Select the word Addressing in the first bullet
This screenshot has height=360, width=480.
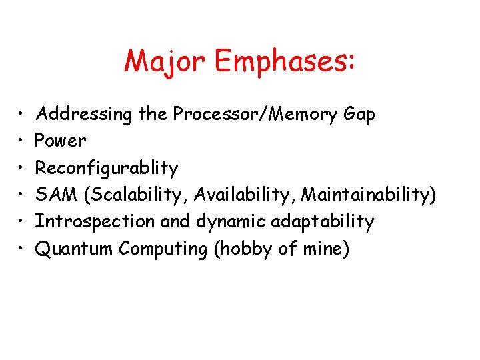84,115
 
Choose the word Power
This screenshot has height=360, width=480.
61,141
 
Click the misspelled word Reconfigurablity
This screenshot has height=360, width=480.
107,169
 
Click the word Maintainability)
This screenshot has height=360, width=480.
369,195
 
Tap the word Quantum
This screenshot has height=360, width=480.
74,249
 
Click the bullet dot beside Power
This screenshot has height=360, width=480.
21,141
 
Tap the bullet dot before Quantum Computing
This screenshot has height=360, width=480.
21,249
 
